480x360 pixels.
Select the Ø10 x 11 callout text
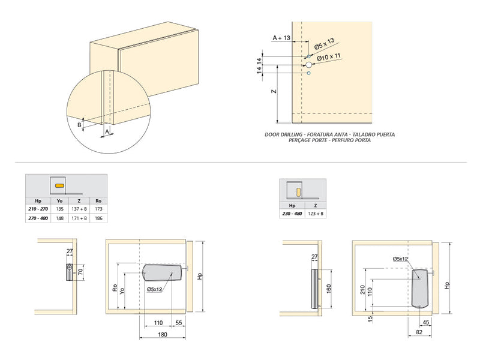(328, 57)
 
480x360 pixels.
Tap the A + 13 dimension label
(281, 38)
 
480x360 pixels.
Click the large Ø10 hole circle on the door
(308, 64)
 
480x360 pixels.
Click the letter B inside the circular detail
(79, 125)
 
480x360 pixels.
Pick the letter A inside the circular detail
(107, 130)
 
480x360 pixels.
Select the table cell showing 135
(59, 209)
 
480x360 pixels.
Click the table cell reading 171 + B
(79, 218)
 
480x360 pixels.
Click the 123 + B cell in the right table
(316, 213)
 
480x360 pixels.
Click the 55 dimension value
(179, 323)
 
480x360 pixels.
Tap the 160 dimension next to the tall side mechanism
(328, 287)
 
